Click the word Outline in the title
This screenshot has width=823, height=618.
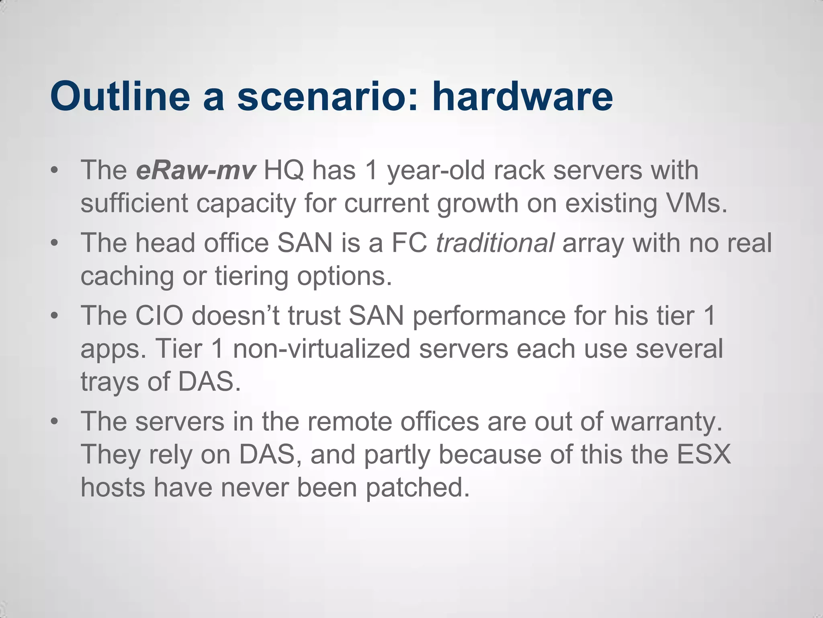coord(120,97)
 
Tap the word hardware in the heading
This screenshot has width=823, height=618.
coord(522,97)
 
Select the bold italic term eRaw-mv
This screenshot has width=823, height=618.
coord(196,170)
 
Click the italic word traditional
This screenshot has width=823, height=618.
coord(495,243)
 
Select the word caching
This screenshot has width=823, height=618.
coord(127,277)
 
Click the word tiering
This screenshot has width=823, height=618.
coord(251,277)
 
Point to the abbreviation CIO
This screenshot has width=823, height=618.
coord(159,316)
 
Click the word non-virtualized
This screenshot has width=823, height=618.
coord(321,348)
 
